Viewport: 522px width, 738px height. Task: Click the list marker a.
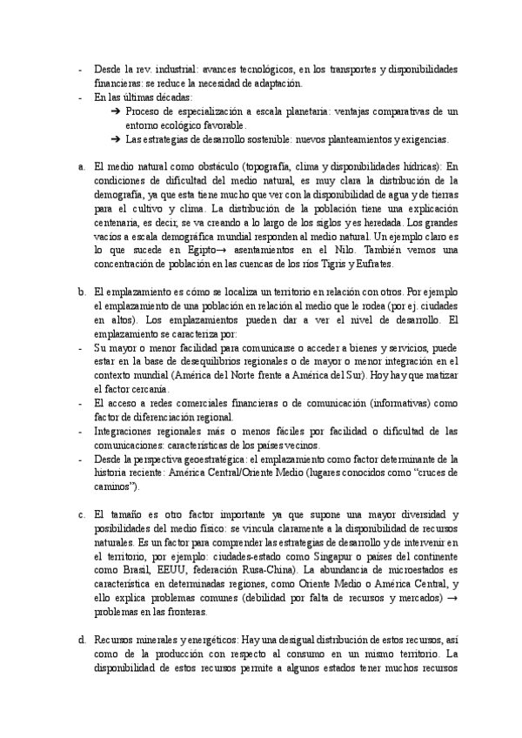point(81,165)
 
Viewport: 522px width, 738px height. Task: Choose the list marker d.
point(81,641)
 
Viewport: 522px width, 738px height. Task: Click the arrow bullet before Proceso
point(117,111)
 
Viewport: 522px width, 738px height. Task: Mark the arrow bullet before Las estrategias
point(117,140)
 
